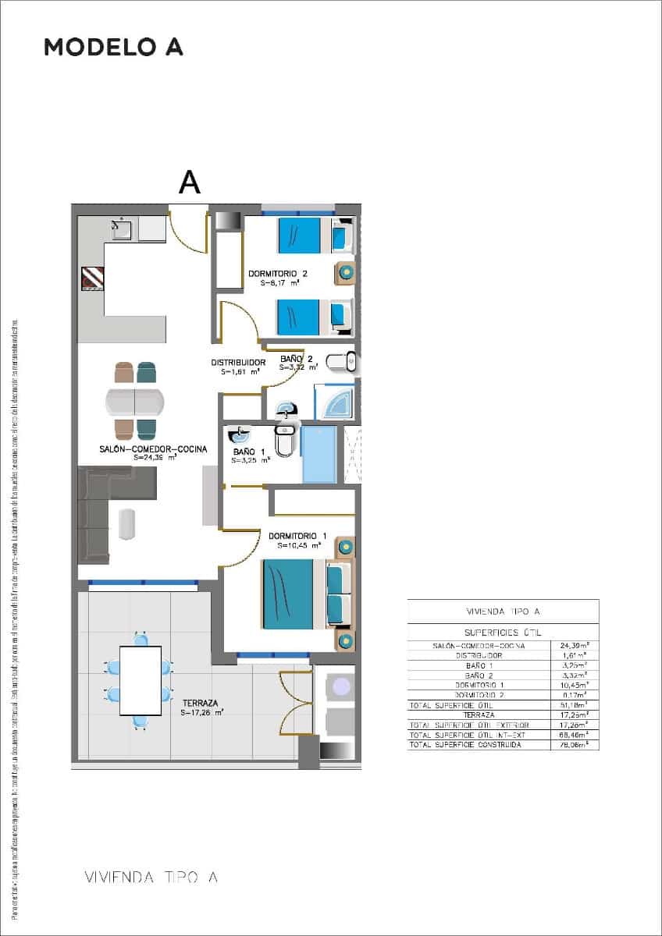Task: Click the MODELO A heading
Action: coord(113,47)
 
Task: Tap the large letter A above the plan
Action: coord(190,181)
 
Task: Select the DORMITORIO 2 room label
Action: coord(278,274)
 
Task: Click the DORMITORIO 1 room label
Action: coord(297,536)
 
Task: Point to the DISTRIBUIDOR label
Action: coord(239,362)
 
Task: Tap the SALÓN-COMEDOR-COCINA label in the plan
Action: coord(153,448)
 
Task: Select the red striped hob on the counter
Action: coord(92,278)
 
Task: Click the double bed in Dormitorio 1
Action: coord(293,594)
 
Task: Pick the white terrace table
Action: coord(141,680)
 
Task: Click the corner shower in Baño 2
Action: coord(334,402)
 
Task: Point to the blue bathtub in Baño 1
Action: coord(319,454)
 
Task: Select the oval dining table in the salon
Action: coord(135,402)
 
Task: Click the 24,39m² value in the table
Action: coord(575,646)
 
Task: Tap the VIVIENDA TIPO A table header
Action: coord(503,612)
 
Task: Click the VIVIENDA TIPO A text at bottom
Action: coord(151,877)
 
